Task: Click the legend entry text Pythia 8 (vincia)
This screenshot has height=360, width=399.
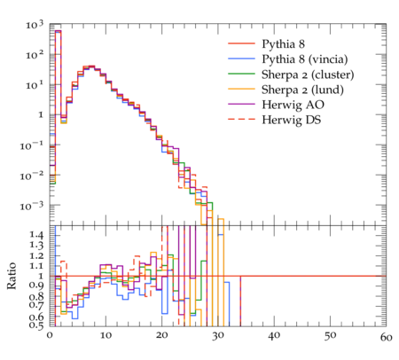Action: point(304,59)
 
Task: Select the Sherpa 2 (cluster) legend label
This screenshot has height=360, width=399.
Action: point(308,74)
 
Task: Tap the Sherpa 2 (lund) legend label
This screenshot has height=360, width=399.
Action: point(302,90)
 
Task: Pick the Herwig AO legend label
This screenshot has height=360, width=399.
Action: point(293,105)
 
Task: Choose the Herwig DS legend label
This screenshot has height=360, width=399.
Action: point(291,120)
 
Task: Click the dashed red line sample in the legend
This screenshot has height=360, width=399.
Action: point(241,119)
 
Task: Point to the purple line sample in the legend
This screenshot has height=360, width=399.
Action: point(241,104)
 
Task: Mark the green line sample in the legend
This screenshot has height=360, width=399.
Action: point(241,74)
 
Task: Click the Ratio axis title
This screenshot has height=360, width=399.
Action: point(12,276)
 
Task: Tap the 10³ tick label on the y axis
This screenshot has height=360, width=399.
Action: point(35,25)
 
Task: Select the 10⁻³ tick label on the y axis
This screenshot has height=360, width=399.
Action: point(31,206)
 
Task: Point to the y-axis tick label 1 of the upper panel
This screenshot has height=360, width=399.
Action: point(41,114)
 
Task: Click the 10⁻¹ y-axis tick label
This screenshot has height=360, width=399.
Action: point(31,145)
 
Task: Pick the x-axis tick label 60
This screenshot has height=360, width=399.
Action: point(386,337)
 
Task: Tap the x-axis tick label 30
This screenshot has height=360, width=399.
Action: point(218,336)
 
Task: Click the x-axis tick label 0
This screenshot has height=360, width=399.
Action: point(50,336)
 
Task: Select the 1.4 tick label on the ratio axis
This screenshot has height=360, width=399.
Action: point(36,235)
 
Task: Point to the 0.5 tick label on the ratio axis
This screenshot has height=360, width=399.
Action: point(36,325)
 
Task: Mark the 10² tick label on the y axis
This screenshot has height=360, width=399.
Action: point(35,55)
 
